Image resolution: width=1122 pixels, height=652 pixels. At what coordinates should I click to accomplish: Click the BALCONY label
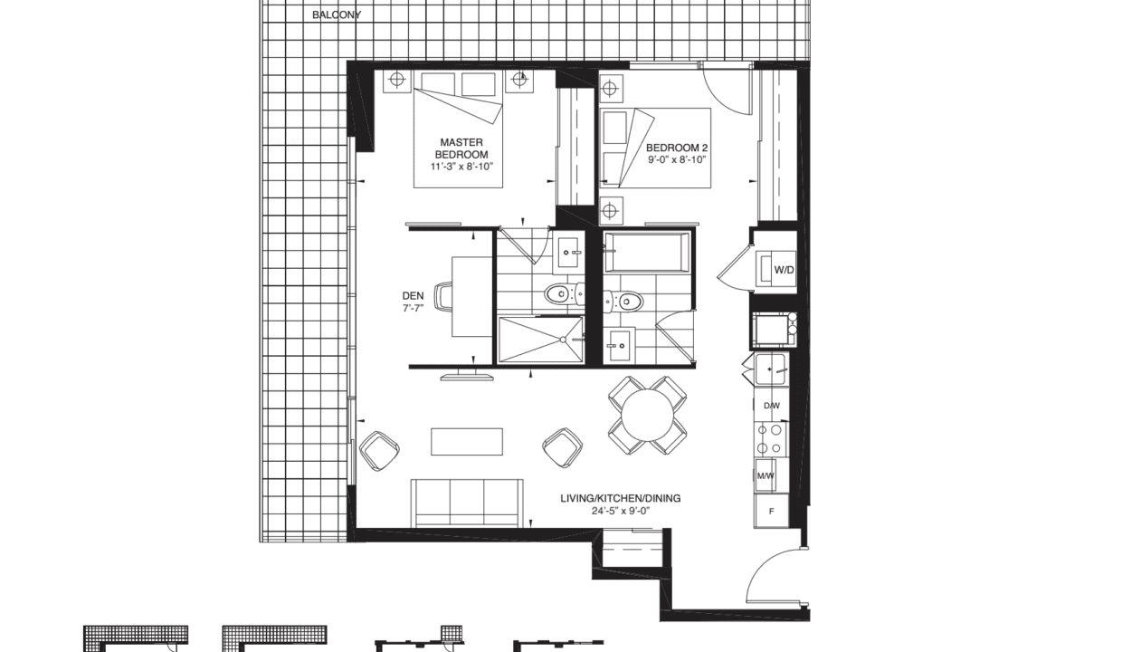(336, 15)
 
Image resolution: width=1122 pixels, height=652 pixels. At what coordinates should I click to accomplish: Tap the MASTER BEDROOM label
(461, 149)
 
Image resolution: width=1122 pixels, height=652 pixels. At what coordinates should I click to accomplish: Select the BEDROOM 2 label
(677, 148)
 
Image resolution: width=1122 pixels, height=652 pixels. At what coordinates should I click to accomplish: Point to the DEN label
(413, 296)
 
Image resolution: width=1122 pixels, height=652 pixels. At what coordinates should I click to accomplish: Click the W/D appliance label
(784, 270)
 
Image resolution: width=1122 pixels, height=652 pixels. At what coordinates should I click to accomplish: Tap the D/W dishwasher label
(771, 406)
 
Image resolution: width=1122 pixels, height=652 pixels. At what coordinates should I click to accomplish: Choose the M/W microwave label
(765, 475)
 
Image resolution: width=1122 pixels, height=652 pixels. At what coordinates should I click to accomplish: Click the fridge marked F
(771, 511)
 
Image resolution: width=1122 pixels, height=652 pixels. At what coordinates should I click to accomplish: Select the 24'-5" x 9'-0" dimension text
(620, 511)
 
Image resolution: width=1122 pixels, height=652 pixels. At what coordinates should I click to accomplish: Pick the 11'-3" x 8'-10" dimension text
(461, 167)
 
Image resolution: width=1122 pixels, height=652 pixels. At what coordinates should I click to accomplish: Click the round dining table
(647, 416)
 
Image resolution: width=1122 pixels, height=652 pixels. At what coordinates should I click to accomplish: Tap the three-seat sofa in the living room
(467, 503)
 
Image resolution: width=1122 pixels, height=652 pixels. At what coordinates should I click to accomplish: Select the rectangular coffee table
(467, 442)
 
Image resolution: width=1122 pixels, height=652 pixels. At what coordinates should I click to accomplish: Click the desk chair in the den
(443, 296)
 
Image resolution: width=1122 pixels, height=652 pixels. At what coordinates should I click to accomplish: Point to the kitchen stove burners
(770, 439)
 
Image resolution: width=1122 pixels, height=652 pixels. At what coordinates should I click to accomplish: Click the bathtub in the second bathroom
(647, 253)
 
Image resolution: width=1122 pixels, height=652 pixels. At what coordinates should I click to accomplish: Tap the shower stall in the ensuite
(541, 340)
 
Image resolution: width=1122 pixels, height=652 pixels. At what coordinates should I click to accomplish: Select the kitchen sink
(770, 369)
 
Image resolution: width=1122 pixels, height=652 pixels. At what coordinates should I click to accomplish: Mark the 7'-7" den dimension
(413, 308)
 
